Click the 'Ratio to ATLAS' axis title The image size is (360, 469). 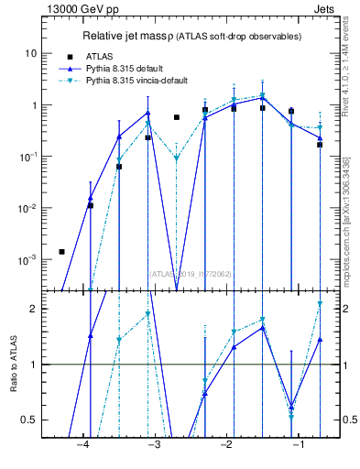(x=14, y=364)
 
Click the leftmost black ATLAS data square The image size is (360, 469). (x=61, y=251)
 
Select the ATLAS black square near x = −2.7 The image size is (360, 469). (x=176, y=117)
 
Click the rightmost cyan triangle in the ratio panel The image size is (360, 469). (x=320, y=303)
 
